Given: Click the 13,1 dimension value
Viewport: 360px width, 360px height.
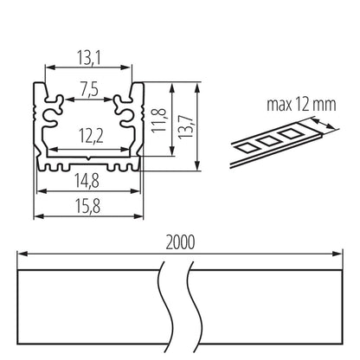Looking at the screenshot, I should (x=88, y=57).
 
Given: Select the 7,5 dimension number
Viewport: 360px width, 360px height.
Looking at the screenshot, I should (x=88, y=89).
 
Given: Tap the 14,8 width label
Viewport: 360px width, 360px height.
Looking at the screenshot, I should (x=87, y=181).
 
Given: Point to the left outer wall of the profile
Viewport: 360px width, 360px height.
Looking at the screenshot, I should (x=35, y=121).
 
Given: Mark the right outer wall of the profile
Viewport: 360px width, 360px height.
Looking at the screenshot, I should (x=140, y=121).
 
